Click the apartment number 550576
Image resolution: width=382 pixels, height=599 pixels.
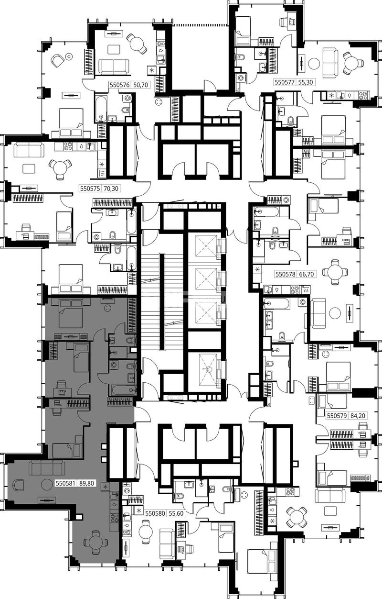119,85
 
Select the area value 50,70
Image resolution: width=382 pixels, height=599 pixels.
140,85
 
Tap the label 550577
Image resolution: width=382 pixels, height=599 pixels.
285,82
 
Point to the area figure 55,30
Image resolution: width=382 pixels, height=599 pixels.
306,82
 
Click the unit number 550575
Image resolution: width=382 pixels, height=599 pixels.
90,189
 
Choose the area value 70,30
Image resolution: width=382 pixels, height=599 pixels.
111,189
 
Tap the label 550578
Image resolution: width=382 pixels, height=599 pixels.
286,274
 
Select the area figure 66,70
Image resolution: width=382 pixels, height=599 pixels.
306,274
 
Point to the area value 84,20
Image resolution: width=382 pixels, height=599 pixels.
358,416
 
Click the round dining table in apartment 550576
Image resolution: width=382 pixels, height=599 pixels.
137,43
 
